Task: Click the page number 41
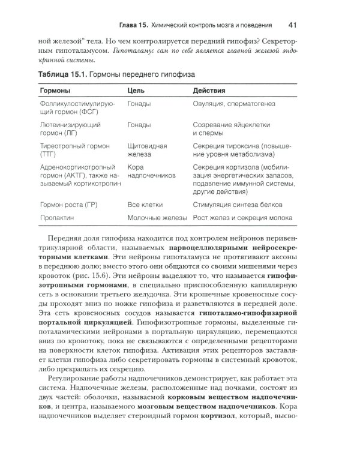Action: [293, 25]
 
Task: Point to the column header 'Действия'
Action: [209, 91]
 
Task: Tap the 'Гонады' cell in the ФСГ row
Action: [139, 104]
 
